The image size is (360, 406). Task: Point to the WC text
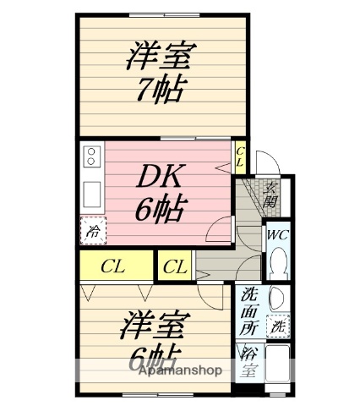click(277, 235)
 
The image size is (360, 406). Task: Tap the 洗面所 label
click(250, 309)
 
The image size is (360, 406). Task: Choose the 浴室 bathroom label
click(250, 359)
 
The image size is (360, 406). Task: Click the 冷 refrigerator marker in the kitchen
click(91, 228)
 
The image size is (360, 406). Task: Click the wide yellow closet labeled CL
click(114, 266)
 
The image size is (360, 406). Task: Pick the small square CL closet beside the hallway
click(175, 267)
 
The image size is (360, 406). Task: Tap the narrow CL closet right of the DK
click(240, 156)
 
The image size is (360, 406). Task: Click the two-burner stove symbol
click(91, 157)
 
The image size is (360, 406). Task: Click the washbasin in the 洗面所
click(278, 297)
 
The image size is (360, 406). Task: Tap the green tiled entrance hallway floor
click(248, 203)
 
